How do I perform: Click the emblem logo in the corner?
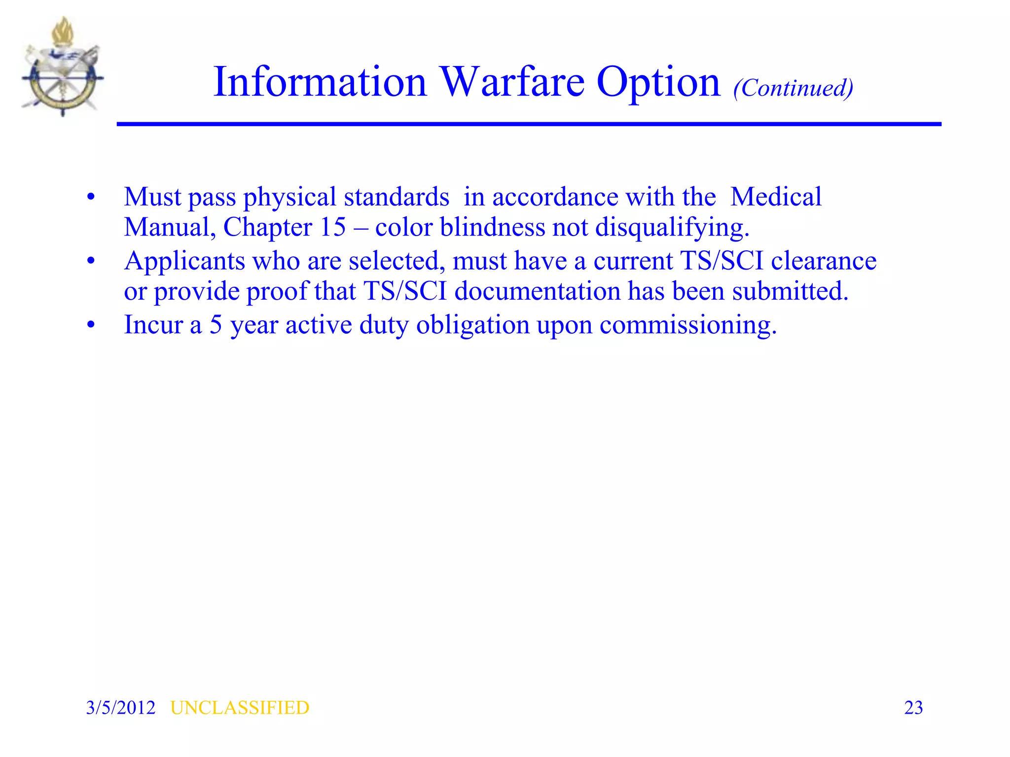pos(63,68)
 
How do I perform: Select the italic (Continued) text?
pos(793,88)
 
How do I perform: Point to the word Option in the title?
pos(658,83)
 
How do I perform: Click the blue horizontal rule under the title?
pos(529,124)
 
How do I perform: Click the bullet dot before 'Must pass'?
pos(90,197)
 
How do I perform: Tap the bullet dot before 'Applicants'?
pos(90,261)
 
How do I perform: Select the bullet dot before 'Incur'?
pos(90,325)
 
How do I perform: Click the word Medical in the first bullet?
pos(776,197)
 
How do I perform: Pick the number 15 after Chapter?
pos(333,227)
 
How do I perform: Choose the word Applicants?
pos(184,261)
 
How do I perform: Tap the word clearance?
pos(824,261)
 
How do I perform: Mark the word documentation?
pos(537,291)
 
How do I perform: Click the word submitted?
pos(790,291)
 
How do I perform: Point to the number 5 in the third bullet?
pos(216,325)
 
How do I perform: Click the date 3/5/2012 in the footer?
pos(120,708)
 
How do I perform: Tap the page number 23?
pos(913,708)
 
